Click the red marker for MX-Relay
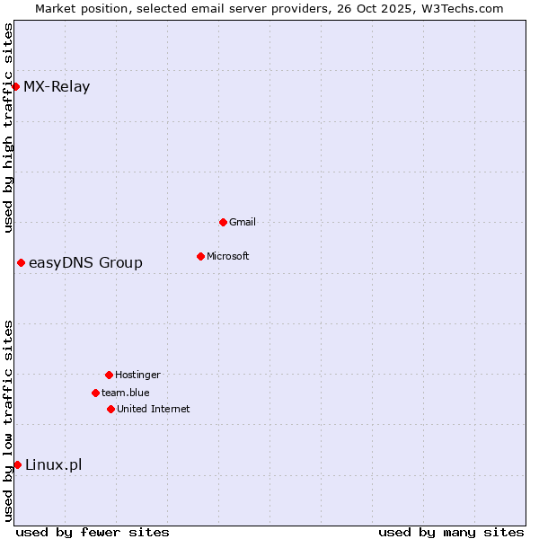[x=16, y=86]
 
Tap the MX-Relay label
[x=57, y=87]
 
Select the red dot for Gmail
[x=223, y=222]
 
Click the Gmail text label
[x=243, y=222]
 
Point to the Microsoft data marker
[x=200, y=256]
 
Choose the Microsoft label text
[x=228, y=256]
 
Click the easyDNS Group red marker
[x=21, y=262]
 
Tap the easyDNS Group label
[x=85, y=262]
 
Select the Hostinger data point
[x=109, y=375]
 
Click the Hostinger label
[x=137, y=375]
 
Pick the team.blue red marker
[x=95, y=393]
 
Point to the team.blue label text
[x=126, y=393]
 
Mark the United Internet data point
[x=110, y=409]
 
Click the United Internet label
[x=154, y=409]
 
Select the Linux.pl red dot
[x=17, y=464]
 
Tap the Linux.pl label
[x=53, y=464]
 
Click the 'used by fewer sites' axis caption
[x=93, y=532]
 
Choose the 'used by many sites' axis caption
[x=451, y=532]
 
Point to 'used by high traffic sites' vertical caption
[x=9, y=128]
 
